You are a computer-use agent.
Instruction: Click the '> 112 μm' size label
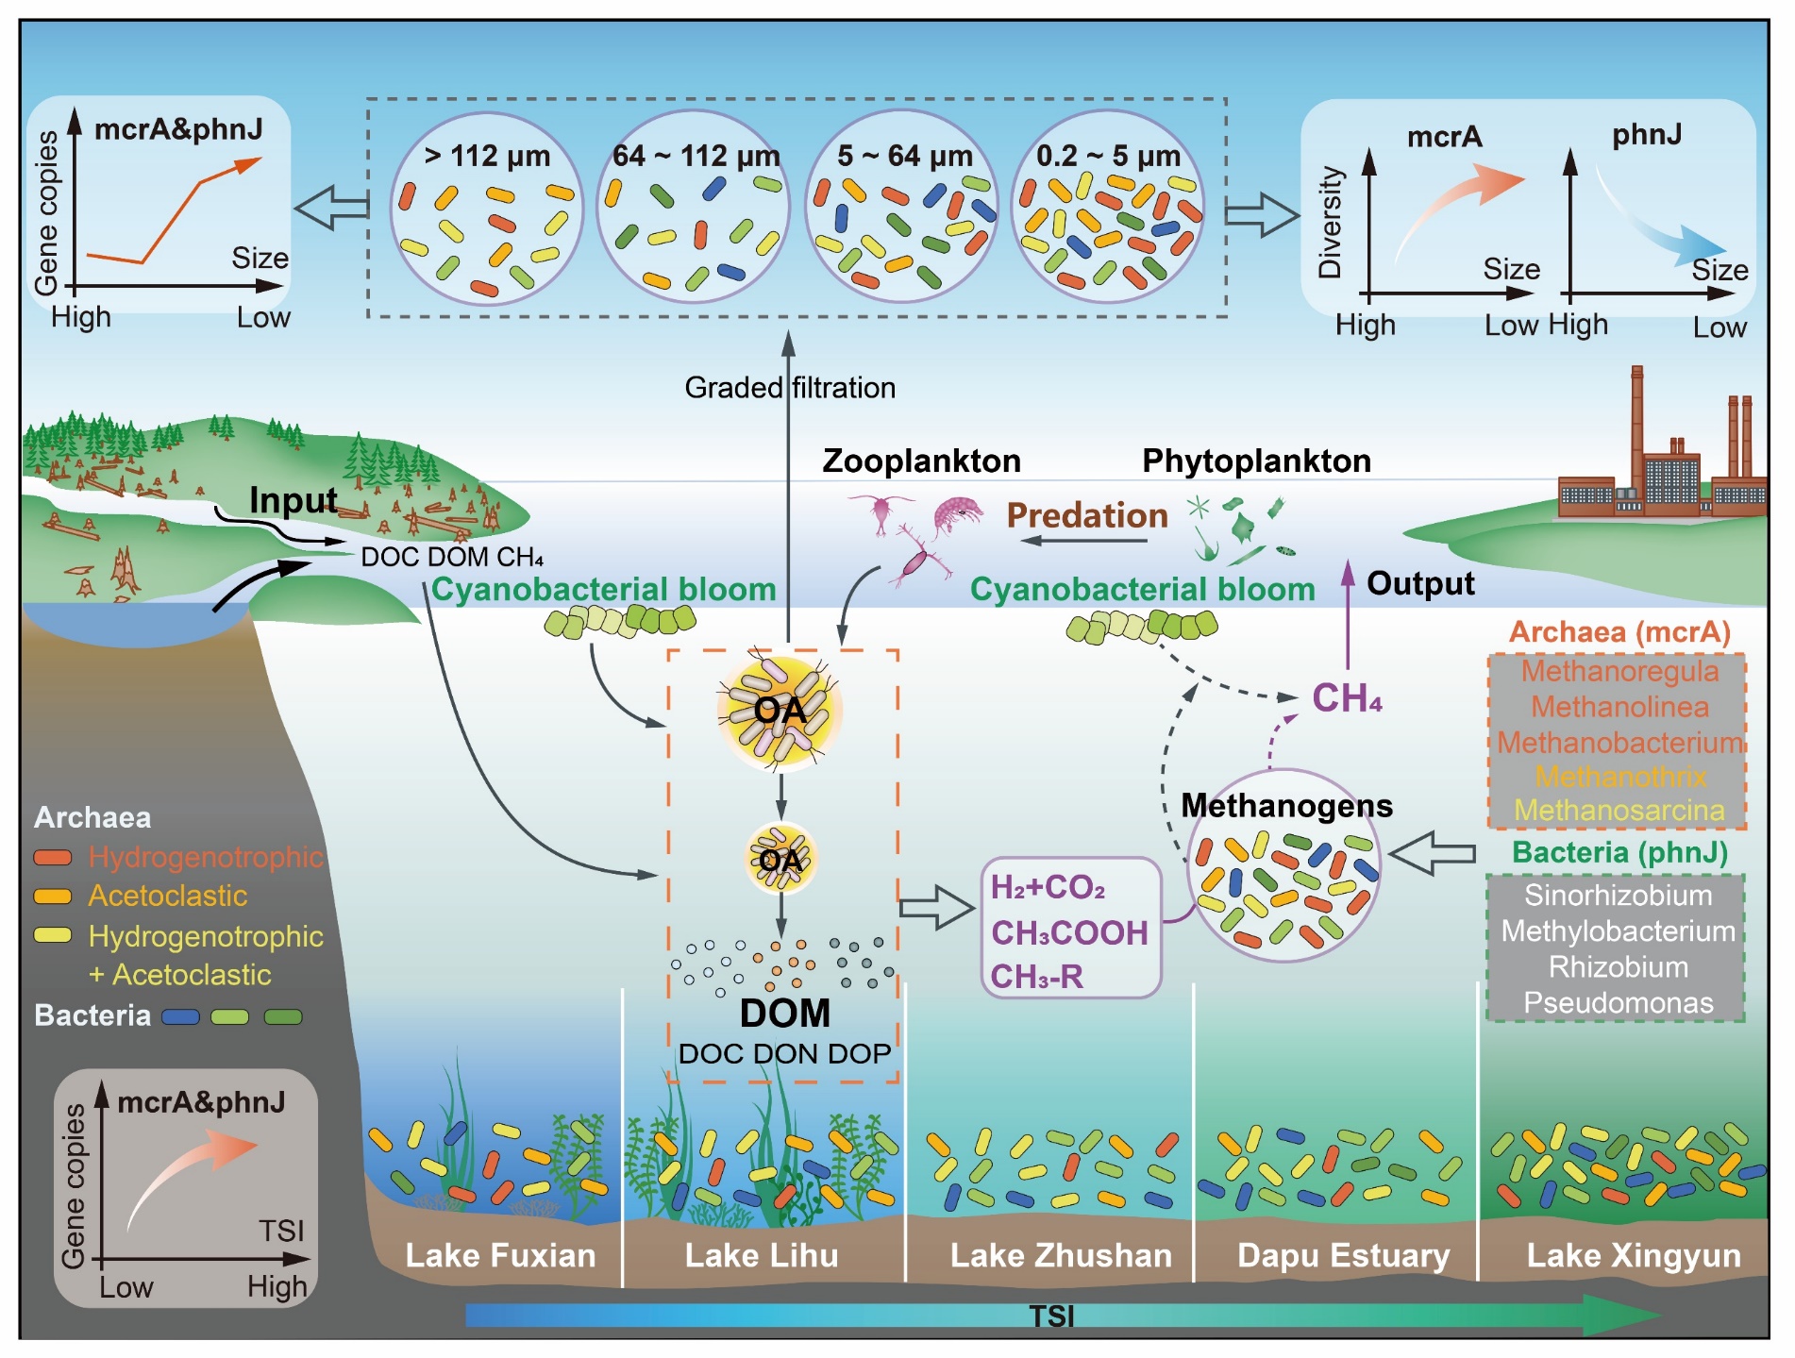[x=486, y=156]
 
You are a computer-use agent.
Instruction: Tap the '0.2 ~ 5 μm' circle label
[x=1108, y=156]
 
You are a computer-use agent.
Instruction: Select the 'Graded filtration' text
[x=789, y=387]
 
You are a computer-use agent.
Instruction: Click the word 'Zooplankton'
[x=921, y=461]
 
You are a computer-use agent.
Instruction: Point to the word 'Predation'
[x=1087, y=515]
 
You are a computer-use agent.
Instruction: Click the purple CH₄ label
[x=1347, y=698]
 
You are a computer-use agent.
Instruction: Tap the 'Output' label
[x=1420, y=583]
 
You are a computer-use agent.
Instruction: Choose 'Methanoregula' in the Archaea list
[x=1619, y=671]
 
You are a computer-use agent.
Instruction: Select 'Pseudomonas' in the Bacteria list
[x=1618, y=1002]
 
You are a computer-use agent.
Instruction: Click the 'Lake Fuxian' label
[x=500, y=1255]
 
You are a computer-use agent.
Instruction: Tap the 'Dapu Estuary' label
[x=1343, y=1255]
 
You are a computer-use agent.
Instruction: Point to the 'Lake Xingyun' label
[x=1634, y=1255]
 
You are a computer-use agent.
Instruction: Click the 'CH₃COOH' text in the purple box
[x=1069, y=932]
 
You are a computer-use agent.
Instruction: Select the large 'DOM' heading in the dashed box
[x=785, y=1013]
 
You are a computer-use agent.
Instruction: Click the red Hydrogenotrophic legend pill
[x=53, y=858]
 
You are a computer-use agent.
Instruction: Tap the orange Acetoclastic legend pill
[x=53, y=897]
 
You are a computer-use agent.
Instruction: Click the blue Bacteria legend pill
[x=180, y=1016]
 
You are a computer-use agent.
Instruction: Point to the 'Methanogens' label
[x=1286, y=805]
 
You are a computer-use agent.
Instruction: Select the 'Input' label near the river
[x=293, y=500]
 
